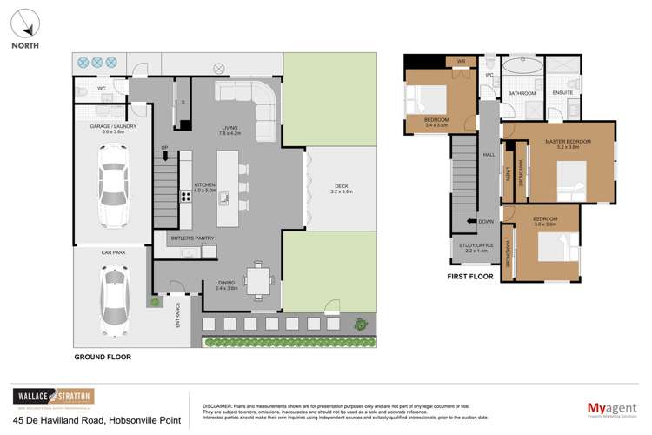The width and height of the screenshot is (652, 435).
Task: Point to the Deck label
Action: tap(340, 185)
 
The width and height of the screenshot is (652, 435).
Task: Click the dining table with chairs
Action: tap(258, 280)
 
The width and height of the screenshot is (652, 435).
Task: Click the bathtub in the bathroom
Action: tap(522, 68)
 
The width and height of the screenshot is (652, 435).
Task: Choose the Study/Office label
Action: tap(477, 246)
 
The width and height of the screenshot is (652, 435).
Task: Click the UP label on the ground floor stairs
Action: tap(165, 147)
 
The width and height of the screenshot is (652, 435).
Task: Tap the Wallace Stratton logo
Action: tap(53, 395)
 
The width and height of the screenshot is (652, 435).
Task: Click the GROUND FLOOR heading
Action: tap(103, 358)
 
